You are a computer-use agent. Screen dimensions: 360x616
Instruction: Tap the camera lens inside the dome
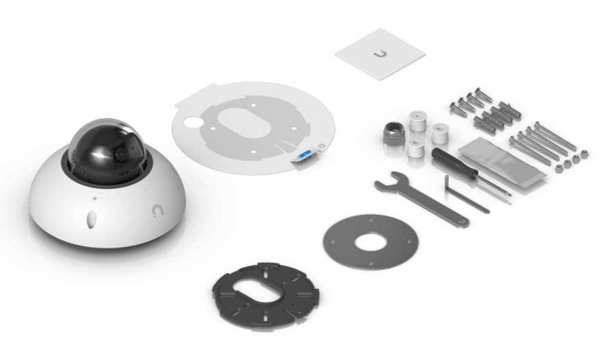coord(123,153)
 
